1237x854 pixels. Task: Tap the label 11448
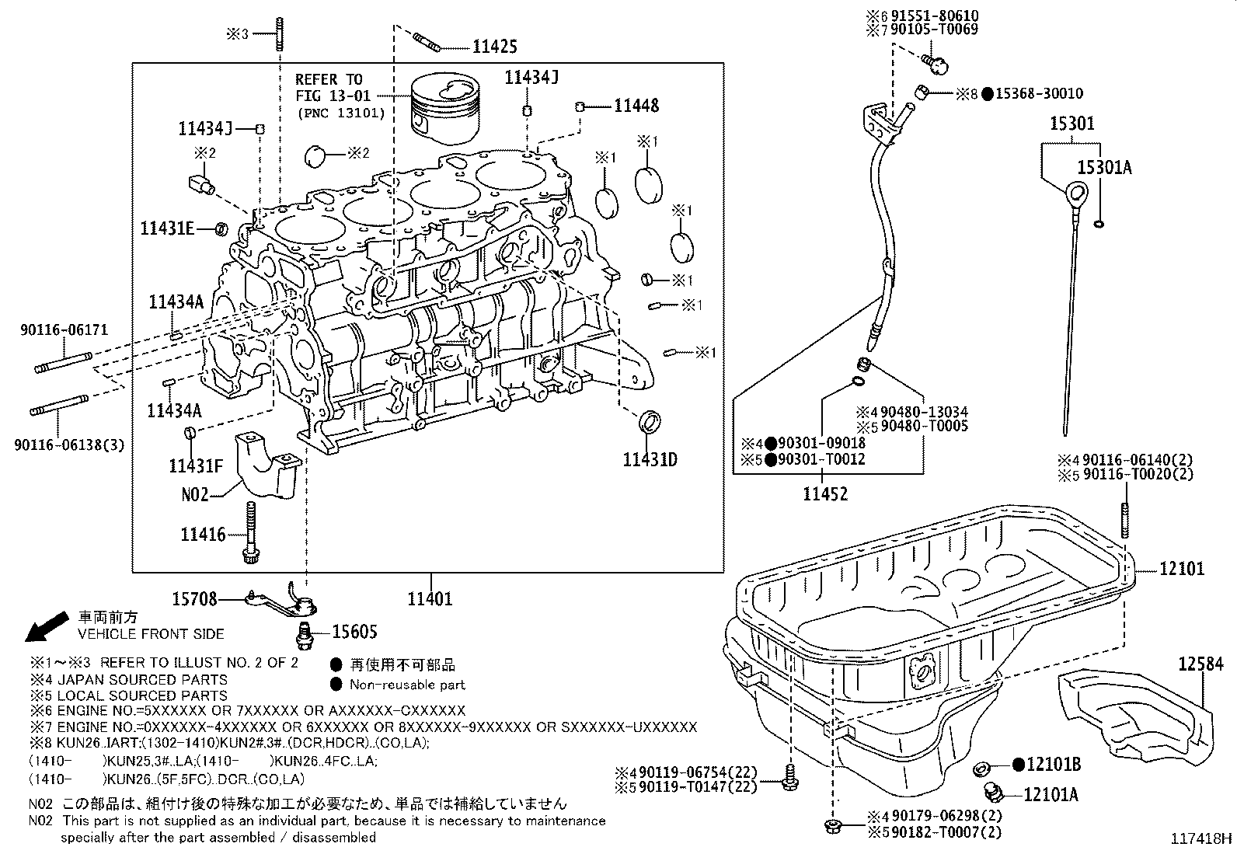[636, 106]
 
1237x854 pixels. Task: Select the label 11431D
[650, 459]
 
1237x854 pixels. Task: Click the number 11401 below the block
[430, 599]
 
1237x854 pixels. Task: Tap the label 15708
[194, 599]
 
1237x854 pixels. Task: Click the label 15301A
[1104, 167]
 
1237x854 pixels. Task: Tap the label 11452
[825, 494]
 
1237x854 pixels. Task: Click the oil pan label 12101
[1182, 570]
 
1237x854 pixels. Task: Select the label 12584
[1200, 664]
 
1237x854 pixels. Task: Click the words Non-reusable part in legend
[407, 685]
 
